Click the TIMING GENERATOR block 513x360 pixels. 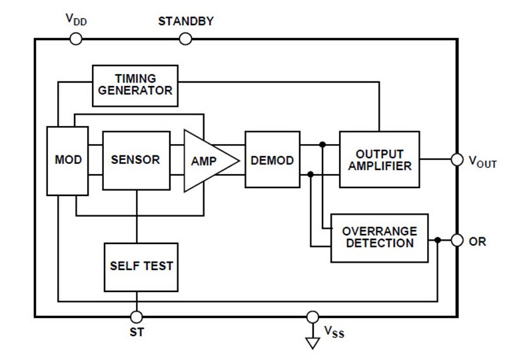[x=135, y=85]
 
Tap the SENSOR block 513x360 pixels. [x=136, y=160]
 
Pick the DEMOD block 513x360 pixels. [x=272, y=161]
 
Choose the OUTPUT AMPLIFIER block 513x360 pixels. [x=379, y=160]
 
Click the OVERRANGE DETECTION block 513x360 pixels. [x=379, y=238]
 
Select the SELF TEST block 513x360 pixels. [x=141, y=266]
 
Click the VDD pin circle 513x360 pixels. [x=76, y=39]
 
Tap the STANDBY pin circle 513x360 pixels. [x=186, y=39]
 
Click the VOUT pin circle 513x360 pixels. [x=457, y=160]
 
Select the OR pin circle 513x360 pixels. [x=457, y=240]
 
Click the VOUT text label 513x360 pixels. [x=482, y=161]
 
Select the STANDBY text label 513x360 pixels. [x=186, y=21]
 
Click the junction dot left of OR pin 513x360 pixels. [x=437, y=240]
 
